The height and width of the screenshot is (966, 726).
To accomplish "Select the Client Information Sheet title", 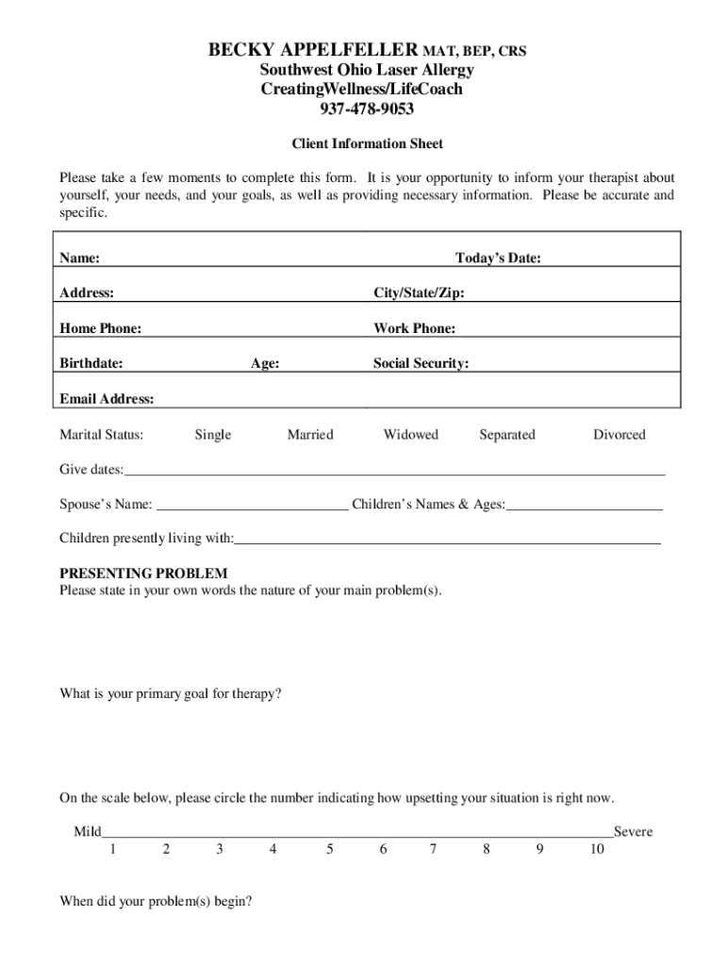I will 367,144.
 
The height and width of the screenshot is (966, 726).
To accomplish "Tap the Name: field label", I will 80,258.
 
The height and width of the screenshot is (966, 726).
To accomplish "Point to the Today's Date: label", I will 498,258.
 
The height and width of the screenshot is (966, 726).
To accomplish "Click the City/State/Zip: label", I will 419,293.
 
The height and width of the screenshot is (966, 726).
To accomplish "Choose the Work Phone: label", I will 414,328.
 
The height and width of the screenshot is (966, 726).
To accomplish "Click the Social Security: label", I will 421,363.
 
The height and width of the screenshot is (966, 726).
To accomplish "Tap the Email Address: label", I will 107,399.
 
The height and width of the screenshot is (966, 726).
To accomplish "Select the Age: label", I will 264,363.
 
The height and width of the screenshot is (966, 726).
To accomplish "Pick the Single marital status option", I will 212,435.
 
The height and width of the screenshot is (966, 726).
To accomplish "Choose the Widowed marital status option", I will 410,435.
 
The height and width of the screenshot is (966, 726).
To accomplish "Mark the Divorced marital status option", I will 619,435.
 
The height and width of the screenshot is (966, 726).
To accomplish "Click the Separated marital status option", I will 506,435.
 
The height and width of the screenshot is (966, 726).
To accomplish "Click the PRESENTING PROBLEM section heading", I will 143,574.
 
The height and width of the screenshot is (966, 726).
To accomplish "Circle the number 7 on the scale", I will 433,849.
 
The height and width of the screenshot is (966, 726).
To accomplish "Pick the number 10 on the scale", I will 597,849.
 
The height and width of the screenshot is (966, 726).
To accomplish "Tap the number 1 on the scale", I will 112,849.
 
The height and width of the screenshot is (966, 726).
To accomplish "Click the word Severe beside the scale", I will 633,833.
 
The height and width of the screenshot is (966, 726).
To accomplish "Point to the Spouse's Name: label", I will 106,506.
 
